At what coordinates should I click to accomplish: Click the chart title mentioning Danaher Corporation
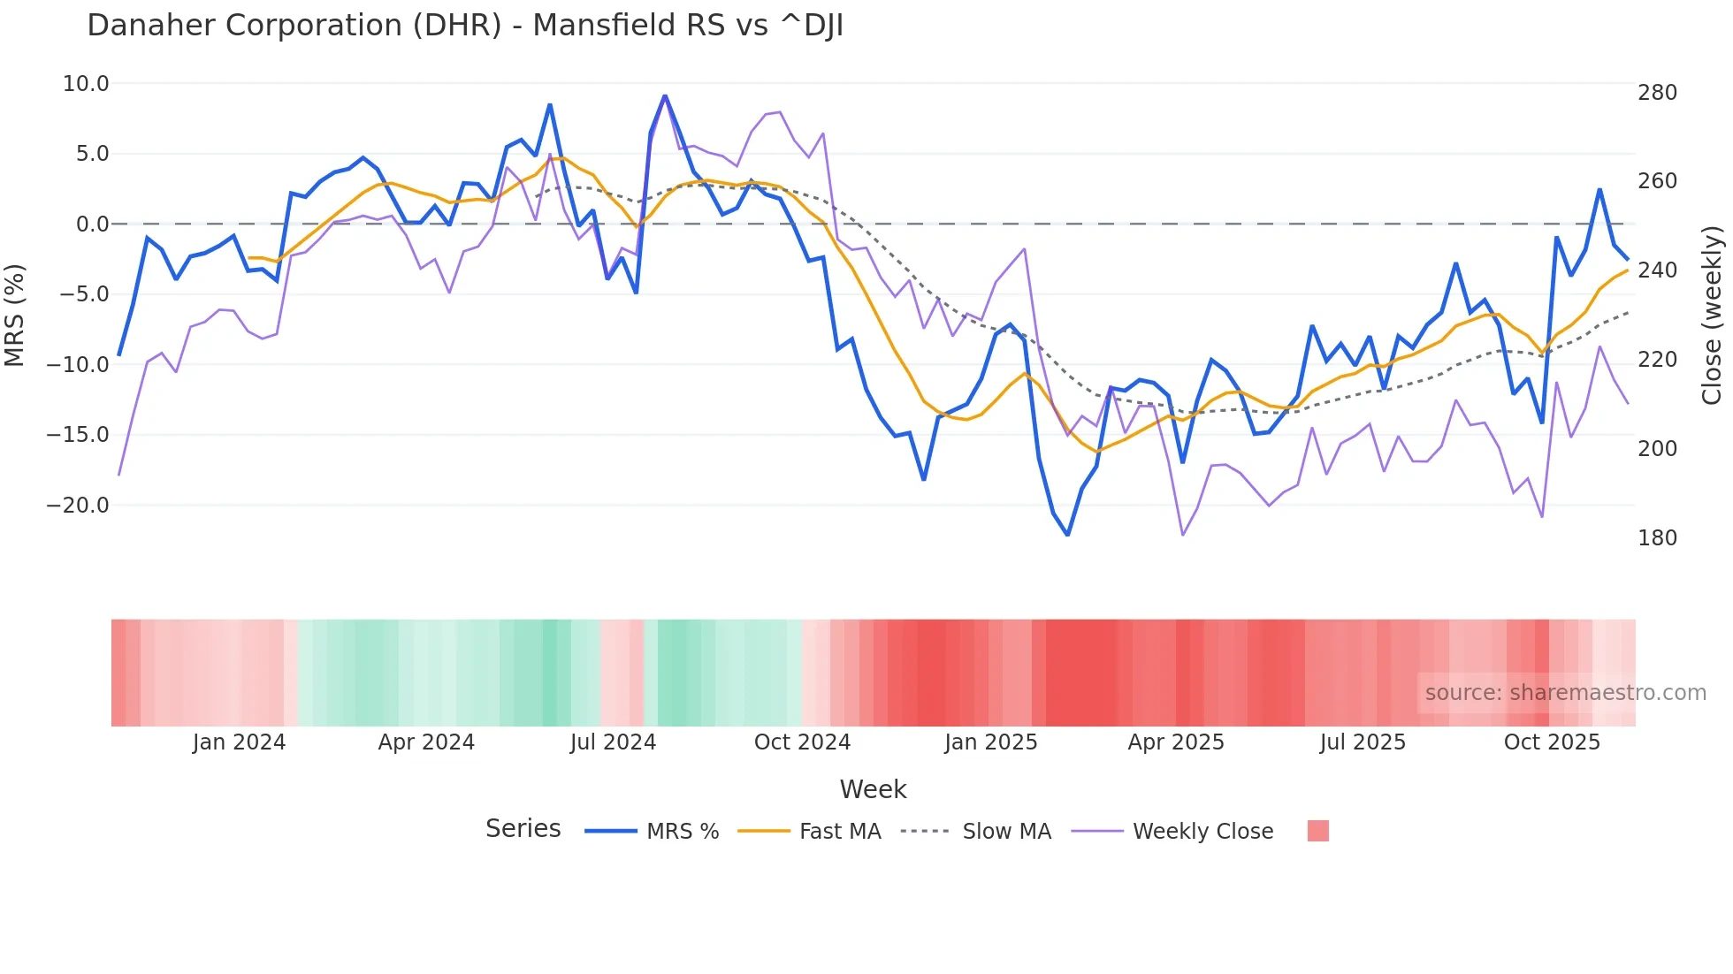465,26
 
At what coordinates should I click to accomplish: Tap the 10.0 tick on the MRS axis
86,84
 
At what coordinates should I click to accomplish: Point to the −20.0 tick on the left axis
79,506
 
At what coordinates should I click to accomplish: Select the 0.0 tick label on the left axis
92,224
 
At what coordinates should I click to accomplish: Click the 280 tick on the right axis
1657,93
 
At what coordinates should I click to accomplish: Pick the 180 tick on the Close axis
1657,538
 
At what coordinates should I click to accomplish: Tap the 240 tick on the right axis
1657,270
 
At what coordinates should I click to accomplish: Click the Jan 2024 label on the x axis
239,742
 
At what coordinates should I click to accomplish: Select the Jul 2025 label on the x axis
1363,742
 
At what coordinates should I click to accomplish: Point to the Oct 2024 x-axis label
802,742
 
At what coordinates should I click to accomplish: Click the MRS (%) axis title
15,316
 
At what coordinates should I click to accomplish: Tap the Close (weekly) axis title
1712,316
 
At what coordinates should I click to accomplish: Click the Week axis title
873,789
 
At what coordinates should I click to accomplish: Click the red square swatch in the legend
1317,831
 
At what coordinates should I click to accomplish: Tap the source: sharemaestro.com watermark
1565,693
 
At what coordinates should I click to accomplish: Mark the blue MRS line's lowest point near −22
1067,535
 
